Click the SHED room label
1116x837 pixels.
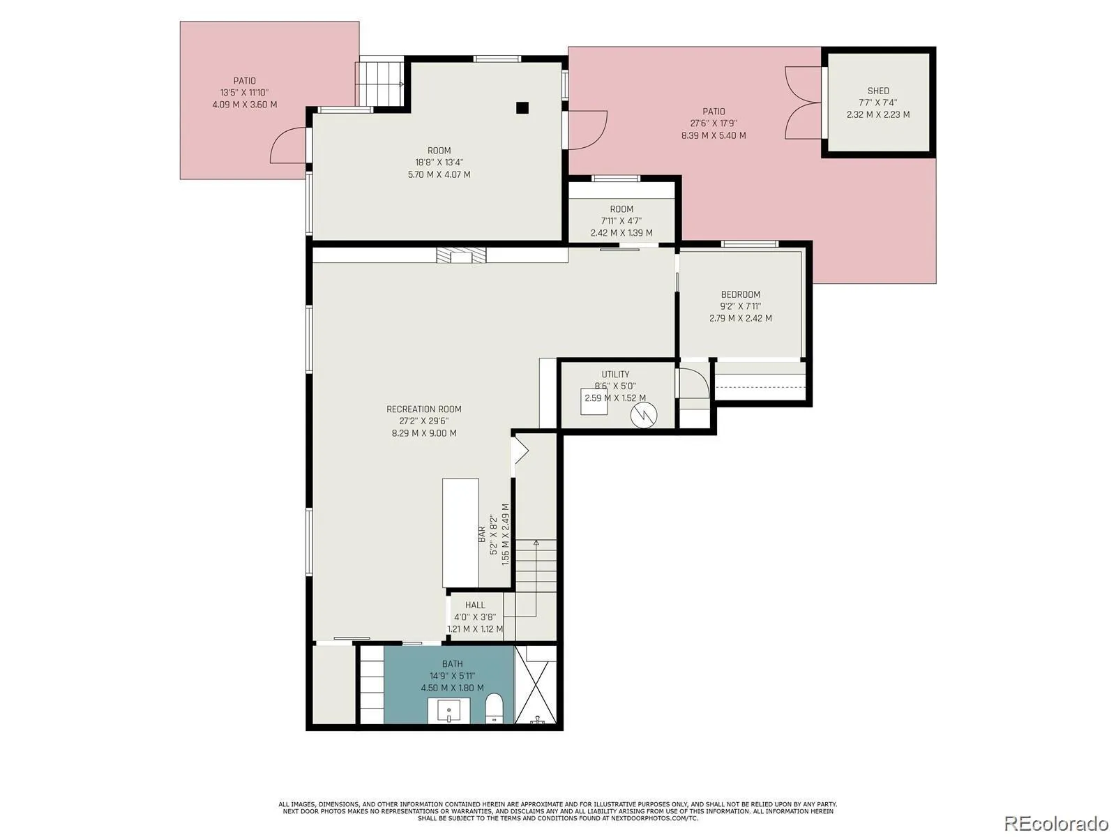pos(877,91)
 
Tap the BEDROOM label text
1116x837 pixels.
pos(740,295)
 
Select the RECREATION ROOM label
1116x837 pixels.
pos(423,409)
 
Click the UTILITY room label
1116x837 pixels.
pos(615,374)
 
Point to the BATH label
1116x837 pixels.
pos(452,664)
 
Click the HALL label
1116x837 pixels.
pos(475,605)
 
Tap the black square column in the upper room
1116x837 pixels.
pos(522,107)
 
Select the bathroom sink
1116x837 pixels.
pos(448,711)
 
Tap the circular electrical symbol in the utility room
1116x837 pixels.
pos(643,415)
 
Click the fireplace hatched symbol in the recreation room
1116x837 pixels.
pos(461,255)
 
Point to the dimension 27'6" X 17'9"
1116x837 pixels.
pos(714,123)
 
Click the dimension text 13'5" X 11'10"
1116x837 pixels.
pos(244,93)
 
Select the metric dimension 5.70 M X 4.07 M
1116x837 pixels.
pos(439,175)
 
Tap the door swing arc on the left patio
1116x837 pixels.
pos(281,144)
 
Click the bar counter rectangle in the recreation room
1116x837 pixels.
pos(460,533)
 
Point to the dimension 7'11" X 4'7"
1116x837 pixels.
pos(621,221)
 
